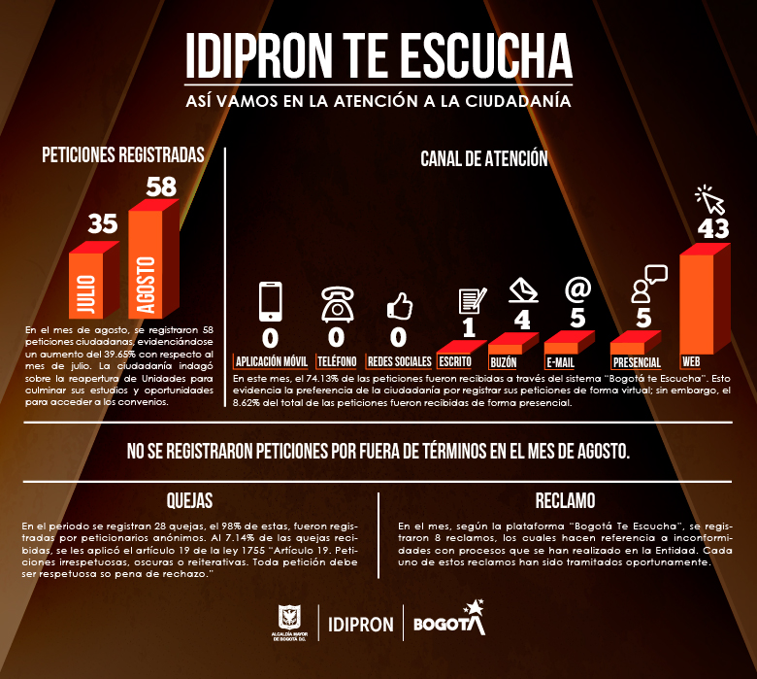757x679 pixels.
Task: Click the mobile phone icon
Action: [271, 301]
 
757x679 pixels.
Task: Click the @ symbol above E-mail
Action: [578, 289]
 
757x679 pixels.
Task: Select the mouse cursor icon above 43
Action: [711, 200]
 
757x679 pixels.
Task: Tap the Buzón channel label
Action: [504, 360]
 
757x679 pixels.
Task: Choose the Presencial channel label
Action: [638, 361]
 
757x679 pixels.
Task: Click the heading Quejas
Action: [190, 501]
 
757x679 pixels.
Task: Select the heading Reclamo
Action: [565, 501]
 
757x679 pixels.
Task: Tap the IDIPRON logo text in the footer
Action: [361, 623]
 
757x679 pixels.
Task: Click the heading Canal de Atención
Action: [484, 158]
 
